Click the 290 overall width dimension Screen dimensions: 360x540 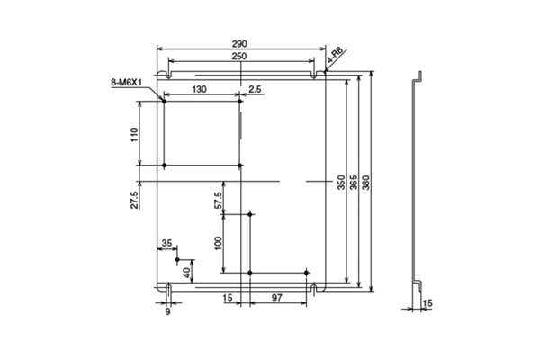tap(239, 44)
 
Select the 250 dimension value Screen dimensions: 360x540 tap(238, 57)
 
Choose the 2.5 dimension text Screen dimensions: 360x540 tap(256, 88)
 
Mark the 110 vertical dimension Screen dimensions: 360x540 tap(133, 134)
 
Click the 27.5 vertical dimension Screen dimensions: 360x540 tap(133, 200)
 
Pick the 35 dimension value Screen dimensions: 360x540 tap(166, 243)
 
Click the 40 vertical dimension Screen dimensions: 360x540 tap(186, 271)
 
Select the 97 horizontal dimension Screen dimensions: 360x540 tap(276, 297)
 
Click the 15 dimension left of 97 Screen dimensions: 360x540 tap(227, 297)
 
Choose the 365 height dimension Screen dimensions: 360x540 tap(353, 182)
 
